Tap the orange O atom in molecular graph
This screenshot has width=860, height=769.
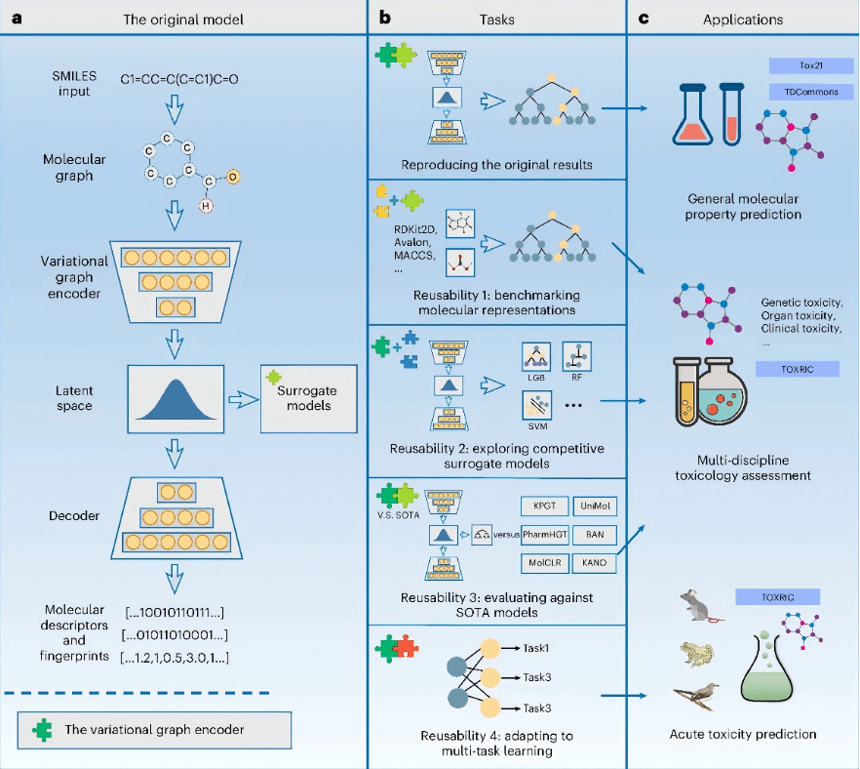[233, 175]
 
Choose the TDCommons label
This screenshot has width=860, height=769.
[811, 92]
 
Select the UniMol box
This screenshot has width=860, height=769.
[596, 507]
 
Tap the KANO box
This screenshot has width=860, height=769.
[596, 562]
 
